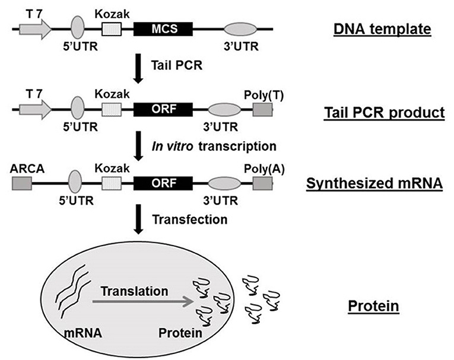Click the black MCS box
[163, 28]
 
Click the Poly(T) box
[262, 110]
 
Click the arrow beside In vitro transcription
[137, 145]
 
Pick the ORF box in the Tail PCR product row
[163, 110]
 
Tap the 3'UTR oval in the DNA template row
[241, 28]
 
